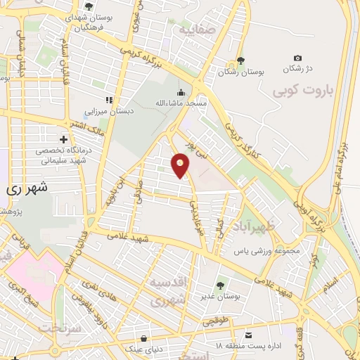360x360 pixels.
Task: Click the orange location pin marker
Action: click(x=181, y=165)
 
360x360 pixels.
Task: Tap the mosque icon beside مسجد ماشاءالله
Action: click(x=181, y=92)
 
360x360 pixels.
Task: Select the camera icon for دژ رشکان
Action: click(x=297, y=58)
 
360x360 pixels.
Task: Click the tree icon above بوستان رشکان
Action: click(x=241, y=60)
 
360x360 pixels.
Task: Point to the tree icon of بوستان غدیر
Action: click(x=221, y=285)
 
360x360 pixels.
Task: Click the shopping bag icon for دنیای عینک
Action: click(x=144, y=337)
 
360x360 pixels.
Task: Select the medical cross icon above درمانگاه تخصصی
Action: click(x=64, y=140)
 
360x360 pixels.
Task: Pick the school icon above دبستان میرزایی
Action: click(x=108, y=100)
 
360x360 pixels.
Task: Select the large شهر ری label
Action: click(x=22, y=189)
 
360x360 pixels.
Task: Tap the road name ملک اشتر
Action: click(x=89, y=126)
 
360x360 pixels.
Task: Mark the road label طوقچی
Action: click(x=210, y=321)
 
